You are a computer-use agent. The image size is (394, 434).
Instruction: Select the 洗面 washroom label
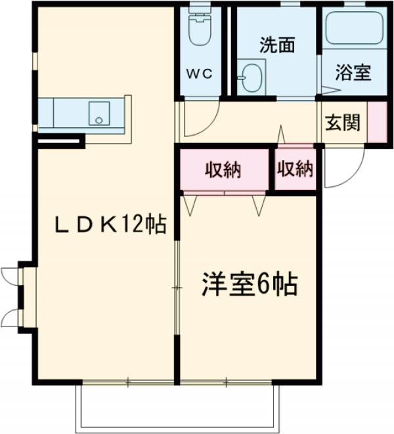[276, 45]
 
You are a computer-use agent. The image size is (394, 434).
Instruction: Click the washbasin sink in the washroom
[250, 78]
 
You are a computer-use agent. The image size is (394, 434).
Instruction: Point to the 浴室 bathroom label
[353, 72]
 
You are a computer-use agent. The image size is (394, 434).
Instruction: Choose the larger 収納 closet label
[223, 170]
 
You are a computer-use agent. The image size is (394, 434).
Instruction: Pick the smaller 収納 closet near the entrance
[295, 169]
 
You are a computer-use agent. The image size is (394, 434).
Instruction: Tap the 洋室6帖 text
[250, 285]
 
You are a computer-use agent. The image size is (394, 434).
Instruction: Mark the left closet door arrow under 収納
[191, 205]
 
